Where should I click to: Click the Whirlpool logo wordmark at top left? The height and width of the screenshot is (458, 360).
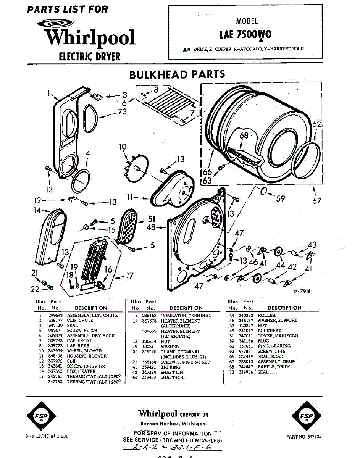89,37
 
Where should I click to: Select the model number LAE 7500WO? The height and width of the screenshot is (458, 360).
245,35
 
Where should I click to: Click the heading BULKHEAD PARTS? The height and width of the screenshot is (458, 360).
177,74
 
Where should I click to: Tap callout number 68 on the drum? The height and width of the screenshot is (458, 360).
244,135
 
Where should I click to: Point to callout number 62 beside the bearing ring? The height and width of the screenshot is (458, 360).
316,124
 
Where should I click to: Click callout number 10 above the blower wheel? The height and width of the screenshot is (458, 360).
122,147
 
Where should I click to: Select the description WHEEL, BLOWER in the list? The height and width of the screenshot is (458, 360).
84,351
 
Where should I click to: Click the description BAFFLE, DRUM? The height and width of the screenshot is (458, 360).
273,367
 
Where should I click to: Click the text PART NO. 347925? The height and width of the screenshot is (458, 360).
303,436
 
